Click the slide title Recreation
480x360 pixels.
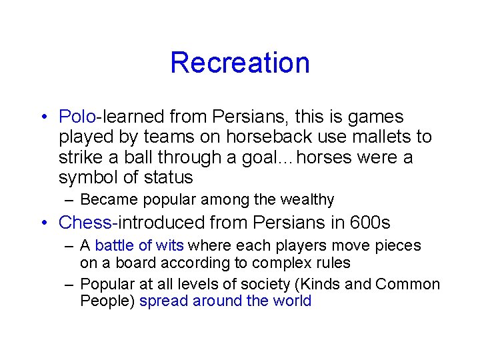tap(240, 63)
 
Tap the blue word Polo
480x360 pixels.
tap(77, 117)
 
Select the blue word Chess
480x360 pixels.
tap(84, 222)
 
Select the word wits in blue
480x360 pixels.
tap(170, 245)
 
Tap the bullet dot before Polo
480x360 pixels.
tap(43, 117)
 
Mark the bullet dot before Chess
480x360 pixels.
tap(43, 223)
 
